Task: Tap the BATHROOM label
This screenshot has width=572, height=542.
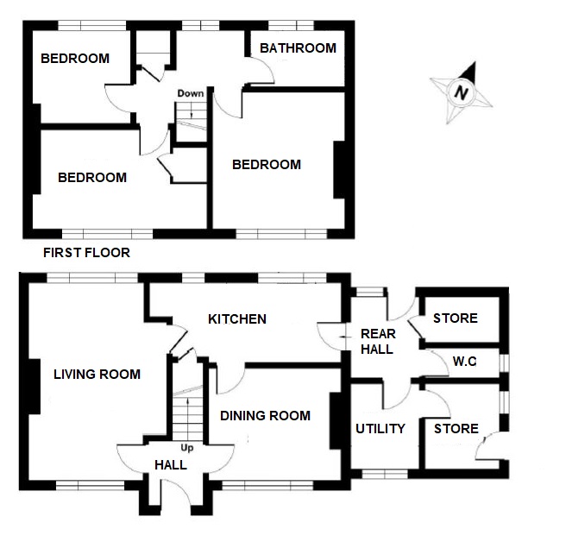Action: (x=298, y=48)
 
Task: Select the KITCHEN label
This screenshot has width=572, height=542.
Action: (x=237, y=319)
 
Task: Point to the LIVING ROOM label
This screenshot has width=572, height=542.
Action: (x=97, y=374)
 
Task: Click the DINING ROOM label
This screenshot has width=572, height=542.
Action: (x=265, y=415)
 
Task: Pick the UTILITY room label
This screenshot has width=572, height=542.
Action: (x=380, y=429)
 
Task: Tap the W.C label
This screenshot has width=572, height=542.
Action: (x=464, y=362)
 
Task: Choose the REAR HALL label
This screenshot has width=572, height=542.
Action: (x=376, y=342)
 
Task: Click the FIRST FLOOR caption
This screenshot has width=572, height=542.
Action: (x=86, y=253)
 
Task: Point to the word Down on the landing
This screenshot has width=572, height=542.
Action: (x=191, y=93)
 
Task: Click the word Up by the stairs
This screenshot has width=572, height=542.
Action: (x=186, y=447)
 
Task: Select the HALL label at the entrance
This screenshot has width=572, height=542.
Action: (x=171, y=464)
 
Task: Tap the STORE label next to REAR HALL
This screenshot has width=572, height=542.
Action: (x=455, y=318)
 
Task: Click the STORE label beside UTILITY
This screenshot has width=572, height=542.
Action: (x=456, y=429)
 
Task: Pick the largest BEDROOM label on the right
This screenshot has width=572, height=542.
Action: (x=267, y=164)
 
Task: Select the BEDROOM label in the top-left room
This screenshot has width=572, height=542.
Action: (x=75, y=59)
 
